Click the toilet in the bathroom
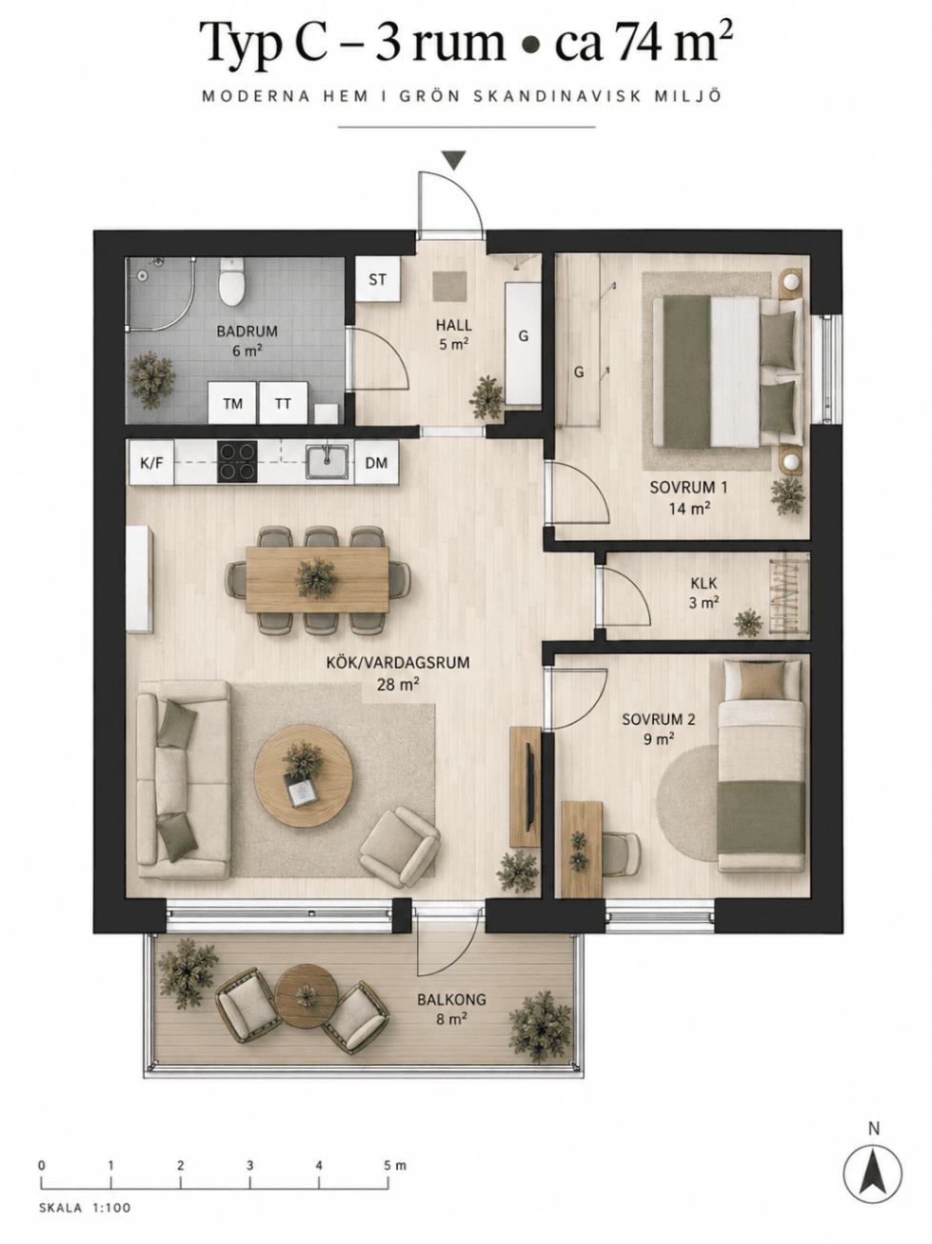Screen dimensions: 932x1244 point(231,281)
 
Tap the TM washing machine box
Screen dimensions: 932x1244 point(232,403)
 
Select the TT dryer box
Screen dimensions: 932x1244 point(283,403)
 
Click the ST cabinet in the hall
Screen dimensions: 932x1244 point(378,279)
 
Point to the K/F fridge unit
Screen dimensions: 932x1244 point(151,463)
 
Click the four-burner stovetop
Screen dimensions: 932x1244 point(237,463)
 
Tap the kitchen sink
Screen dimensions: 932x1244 point(327,461)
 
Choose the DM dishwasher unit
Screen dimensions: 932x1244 point(377,463)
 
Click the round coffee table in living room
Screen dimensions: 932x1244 point(304,775)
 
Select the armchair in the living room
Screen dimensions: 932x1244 point(400,848)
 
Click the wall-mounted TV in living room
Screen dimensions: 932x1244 point(530,787)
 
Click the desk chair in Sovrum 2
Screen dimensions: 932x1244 point(621,854)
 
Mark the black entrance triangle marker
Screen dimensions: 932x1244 point(454,160)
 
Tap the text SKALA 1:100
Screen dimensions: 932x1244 point(85,1207)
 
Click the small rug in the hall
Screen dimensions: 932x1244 point(449,287)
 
